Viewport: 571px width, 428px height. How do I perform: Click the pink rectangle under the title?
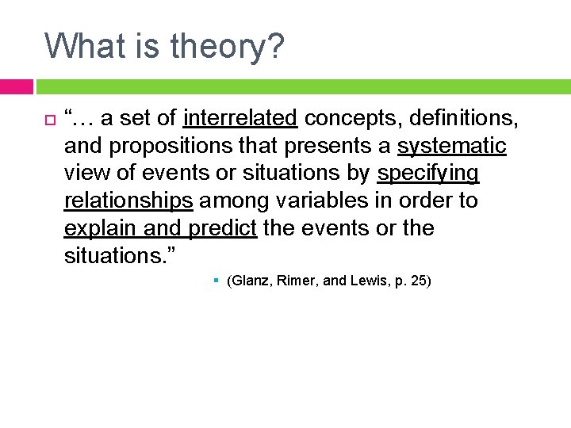[x=16, y=86]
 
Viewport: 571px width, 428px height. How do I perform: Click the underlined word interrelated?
[x=240, y=119]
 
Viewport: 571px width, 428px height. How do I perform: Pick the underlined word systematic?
[x=451, y=146]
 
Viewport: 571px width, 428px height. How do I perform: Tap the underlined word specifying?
[x=428, y=173]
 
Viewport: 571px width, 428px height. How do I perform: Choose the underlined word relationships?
[x=128, y=201]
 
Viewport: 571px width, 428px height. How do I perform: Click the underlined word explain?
[x=100, y=228]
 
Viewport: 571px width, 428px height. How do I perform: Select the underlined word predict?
[x=222, y=228]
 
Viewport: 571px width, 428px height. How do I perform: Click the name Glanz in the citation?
[x=250, y=281]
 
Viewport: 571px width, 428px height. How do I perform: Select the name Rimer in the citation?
[x=293, y=281]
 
